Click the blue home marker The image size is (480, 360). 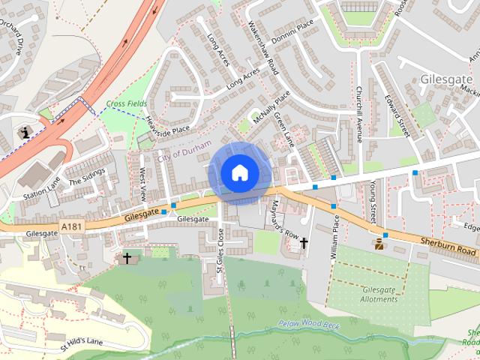click(239, 172)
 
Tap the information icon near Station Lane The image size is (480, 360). click(27, 132)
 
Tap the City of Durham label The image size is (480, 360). click(184, 149)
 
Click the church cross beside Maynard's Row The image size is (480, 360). click(304, 243)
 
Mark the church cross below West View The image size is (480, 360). click(127, 258)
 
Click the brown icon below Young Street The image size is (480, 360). click(380, 244)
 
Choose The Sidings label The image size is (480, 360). click(87, 175)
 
